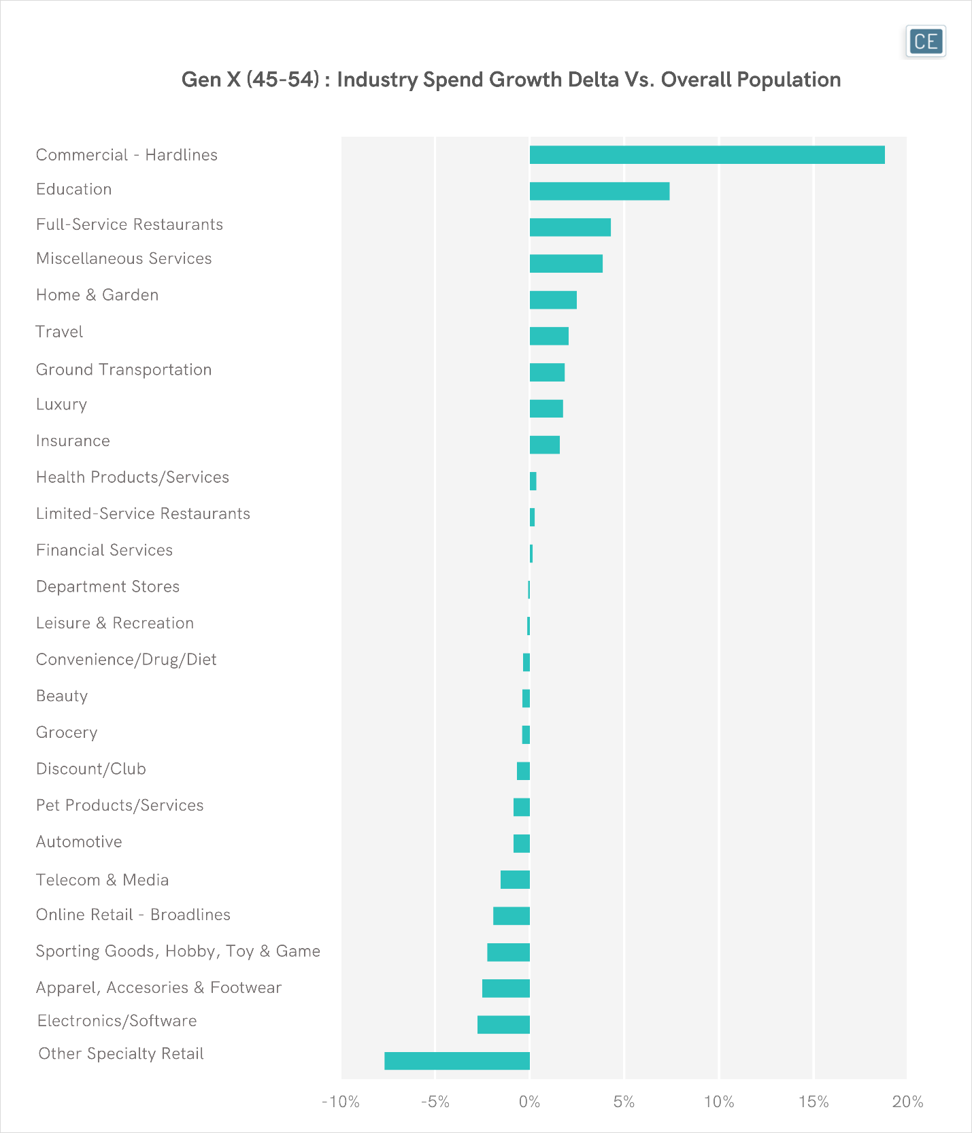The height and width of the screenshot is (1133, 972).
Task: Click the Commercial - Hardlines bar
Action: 707,155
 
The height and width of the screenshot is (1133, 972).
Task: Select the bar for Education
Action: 599,191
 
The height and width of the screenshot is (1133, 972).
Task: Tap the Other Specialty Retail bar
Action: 457,1061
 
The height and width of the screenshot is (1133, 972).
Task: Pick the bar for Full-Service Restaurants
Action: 570,227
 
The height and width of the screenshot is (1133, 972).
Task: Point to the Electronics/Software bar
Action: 503,1024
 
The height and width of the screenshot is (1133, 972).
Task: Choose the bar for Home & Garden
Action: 553,300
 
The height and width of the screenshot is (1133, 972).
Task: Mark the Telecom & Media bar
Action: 515,879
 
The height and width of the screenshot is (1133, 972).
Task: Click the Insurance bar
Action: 545,445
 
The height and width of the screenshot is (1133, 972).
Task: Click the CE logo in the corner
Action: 926,41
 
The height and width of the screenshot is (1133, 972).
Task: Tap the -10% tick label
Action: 341,1102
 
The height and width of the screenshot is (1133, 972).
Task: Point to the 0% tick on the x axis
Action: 530,1102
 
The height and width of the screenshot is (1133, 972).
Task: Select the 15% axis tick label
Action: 814,1102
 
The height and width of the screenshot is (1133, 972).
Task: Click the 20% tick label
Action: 908,1102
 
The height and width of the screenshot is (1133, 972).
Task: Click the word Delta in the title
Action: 589,80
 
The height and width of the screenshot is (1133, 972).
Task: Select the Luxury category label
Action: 61,405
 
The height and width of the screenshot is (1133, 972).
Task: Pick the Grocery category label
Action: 67,732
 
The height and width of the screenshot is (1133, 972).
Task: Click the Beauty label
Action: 62,696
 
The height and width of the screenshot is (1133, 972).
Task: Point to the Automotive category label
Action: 79,842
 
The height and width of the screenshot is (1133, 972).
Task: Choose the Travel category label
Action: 59,332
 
